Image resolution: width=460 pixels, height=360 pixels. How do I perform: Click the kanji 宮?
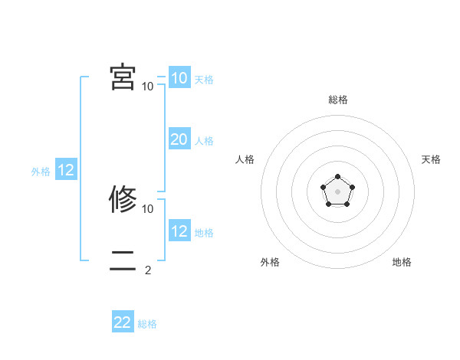click(x=123, y=77)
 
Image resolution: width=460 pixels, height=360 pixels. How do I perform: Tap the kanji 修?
click(x=123, y=199)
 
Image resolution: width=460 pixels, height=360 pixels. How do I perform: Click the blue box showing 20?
click(x=179, y=139)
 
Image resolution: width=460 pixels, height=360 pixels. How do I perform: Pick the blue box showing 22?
click(x=123, y=322)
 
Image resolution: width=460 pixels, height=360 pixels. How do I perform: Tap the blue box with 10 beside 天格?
click(x=179, y=78)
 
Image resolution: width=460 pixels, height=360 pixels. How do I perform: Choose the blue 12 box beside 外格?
click(x=66, y=171)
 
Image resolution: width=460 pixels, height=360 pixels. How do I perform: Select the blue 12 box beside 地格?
click(x=179, y=231)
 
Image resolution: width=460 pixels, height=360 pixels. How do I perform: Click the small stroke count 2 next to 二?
click(x=148, y=270)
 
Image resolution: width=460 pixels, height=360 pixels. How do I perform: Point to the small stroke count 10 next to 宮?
click(x=148, y=86)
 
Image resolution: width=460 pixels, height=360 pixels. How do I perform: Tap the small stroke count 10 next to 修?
click(x=148, y=208)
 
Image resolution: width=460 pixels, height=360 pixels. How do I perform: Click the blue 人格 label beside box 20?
click(x=204, y=141)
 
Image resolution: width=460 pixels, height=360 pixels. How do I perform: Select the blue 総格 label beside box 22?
click(x=147, y=324)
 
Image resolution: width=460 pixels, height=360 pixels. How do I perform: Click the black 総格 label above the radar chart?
click(x=337, y=100)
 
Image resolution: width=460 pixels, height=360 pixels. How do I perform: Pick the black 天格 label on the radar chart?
click(x=431, y=159)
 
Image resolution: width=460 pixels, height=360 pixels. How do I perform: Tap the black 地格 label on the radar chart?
click(x=402, y=263)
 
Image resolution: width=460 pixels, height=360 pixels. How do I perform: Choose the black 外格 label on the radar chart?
click(x=270, y=263)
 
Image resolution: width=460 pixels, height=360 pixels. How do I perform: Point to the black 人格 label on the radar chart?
click(x=245, y=159)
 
